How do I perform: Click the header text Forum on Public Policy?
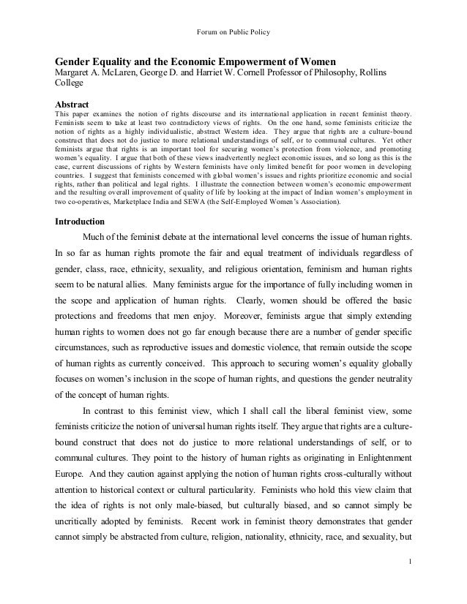point(233,10)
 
